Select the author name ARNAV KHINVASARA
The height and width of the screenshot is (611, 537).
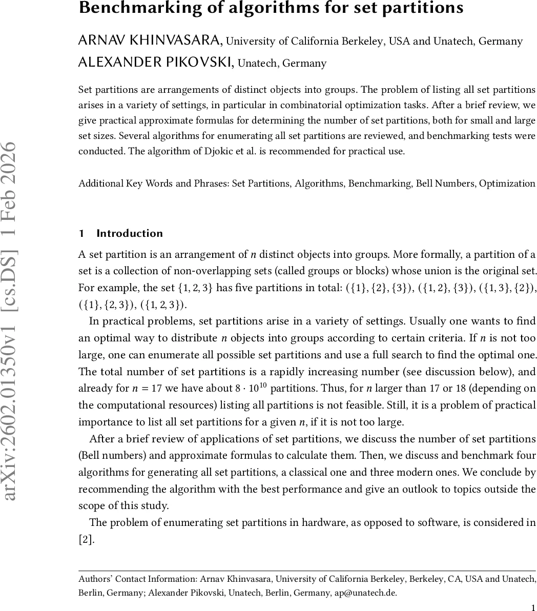pyautogui.click(x=150, y=41)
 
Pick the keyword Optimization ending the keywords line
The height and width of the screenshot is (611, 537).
pyautogui.click(x=507, y=184)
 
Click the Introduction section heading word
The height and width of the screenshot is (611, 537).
pyautogui.click(x=130, y=234)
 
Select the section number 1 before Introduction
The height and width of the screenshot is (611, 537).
pyautogui.click(x=81, y=234)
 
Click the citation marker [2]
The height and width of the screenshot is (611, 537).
pyautogui.click(x=86, y=539)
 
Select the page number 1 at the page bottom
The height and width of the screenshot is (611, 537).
pyautogui.click(x=533, y=605)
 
